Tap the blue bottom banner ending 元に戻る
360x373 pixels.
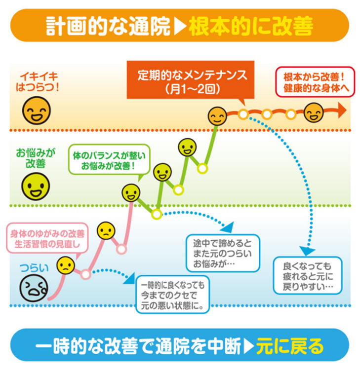click(180, 346)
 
